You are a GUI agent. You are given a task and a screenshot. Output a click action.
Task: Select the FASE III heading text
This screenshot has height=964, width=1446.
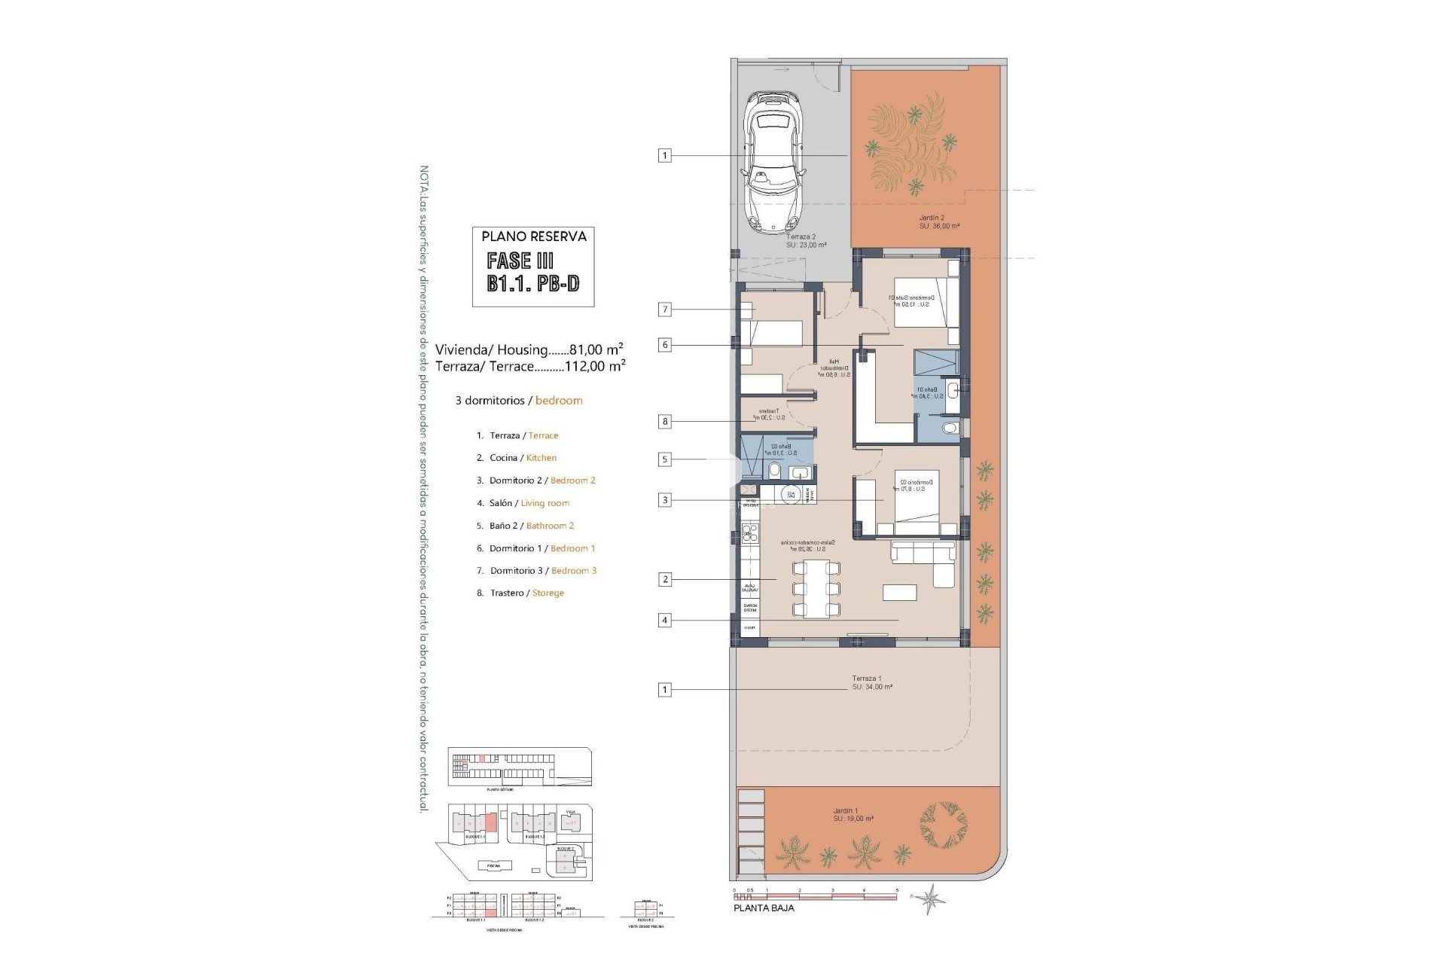pos(520,261)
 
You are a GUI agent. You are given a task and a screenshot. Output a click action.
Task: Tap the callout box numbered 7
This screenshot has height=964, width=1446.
pos(664,310)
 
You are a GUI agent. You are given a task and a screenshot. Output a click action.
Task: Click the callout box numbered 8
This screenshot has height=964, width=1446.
pos(664,422)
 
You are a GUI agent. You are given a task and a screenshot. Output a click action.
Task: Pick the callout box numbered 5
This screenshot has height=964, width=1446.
pos(664,459)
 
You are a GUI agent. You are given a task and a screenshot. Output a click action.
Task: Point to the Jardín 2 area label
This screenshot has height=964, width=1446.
pos(932,222)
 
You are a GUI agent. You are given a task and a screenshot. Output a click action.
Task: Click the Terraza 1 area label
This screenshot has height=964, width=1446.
pos(872,682)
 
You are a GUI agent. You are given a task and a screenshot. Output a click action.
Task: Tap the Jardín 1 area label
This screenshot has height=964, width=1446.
pos(853,815)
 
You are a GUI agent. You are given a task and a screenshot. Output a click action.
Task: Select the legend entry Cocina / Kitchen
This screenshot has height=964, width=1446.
pos(523,458)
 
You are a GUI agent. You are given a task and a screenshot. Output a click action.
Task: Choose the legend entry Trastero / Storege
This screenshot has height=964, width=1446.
pos(526,593)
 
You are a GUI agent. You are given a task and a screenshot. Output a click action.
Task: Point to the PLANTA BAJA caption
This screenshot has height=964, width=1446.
pos(764,908)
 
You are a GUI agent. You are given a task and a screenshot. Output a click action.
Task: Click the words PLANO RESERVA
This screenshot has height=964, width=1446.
pos(534,236)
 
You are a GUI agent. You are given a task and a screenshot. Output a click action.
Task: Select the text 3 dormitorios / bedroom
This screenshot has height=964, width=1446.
pos(519,401)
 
